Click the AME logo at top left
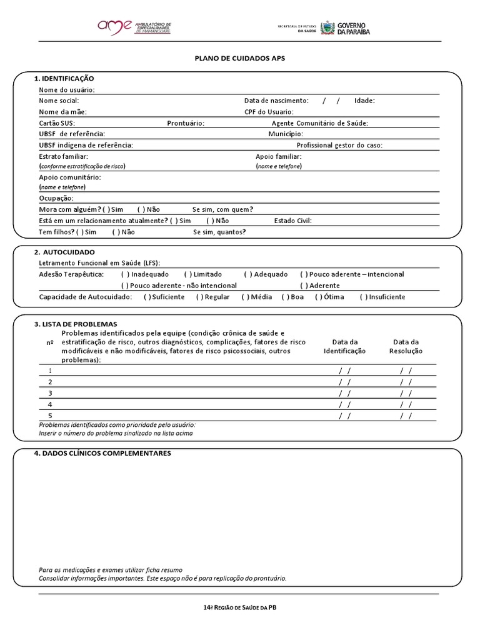134,27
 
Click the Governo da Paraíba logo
345,27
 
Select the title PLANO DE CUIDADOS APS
239,57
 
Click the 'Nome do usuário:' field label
67,89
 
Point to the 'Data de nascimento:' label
276,101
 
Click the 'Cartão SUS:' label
57,123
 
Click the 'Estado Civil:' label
292,221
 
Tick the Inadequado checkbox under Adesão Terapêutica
126,274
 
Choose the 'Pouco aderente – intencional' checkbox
304,274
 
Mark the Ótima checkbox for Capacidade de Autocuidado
319,297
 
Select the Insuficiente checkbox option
363,297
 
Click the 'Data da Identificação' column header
344,346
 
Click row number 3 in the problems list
50,393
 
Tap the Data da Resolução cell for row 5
406,416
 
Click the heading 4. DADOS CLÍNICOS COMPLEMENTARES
102,453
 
